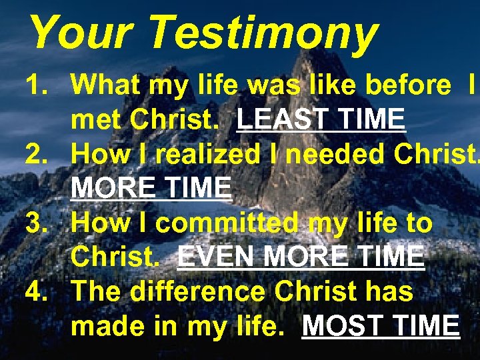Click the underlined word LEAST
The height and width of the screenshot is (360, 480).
tap(281, 119)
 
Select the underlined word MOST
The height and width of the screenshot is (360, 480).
tap(340, 326)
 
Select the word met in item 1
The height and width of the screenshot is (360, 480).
tap(95, 119)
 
